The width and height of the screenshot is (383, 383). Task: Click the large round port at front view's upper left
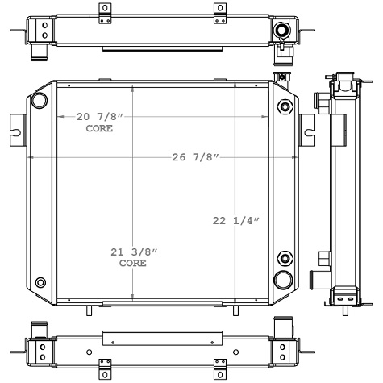click(38, 102)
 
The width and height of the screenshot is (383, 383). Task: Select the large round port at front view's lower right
click(283, 279)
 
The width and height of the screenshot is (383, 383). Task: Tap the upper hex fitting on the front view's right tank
click(284, 107)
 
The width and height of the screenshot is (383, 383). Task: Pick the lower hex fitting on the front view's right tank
click(284, 259)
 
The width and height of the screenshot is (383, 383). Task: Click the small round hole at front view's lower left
click(41, 282)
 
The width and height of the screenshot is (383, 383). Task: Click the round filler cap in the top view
click(281, 31)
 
